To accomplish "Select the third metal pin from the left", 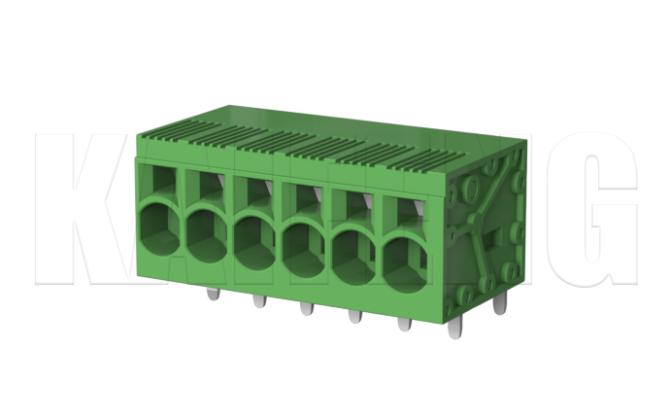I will click(x=305, y=309).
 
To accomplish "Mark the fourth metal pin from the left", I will click(x=353, y=316).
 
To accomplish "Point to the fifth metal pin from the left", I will click(x=402, y=323).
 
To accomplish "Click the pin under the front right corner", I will click(x=453, y=329).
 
